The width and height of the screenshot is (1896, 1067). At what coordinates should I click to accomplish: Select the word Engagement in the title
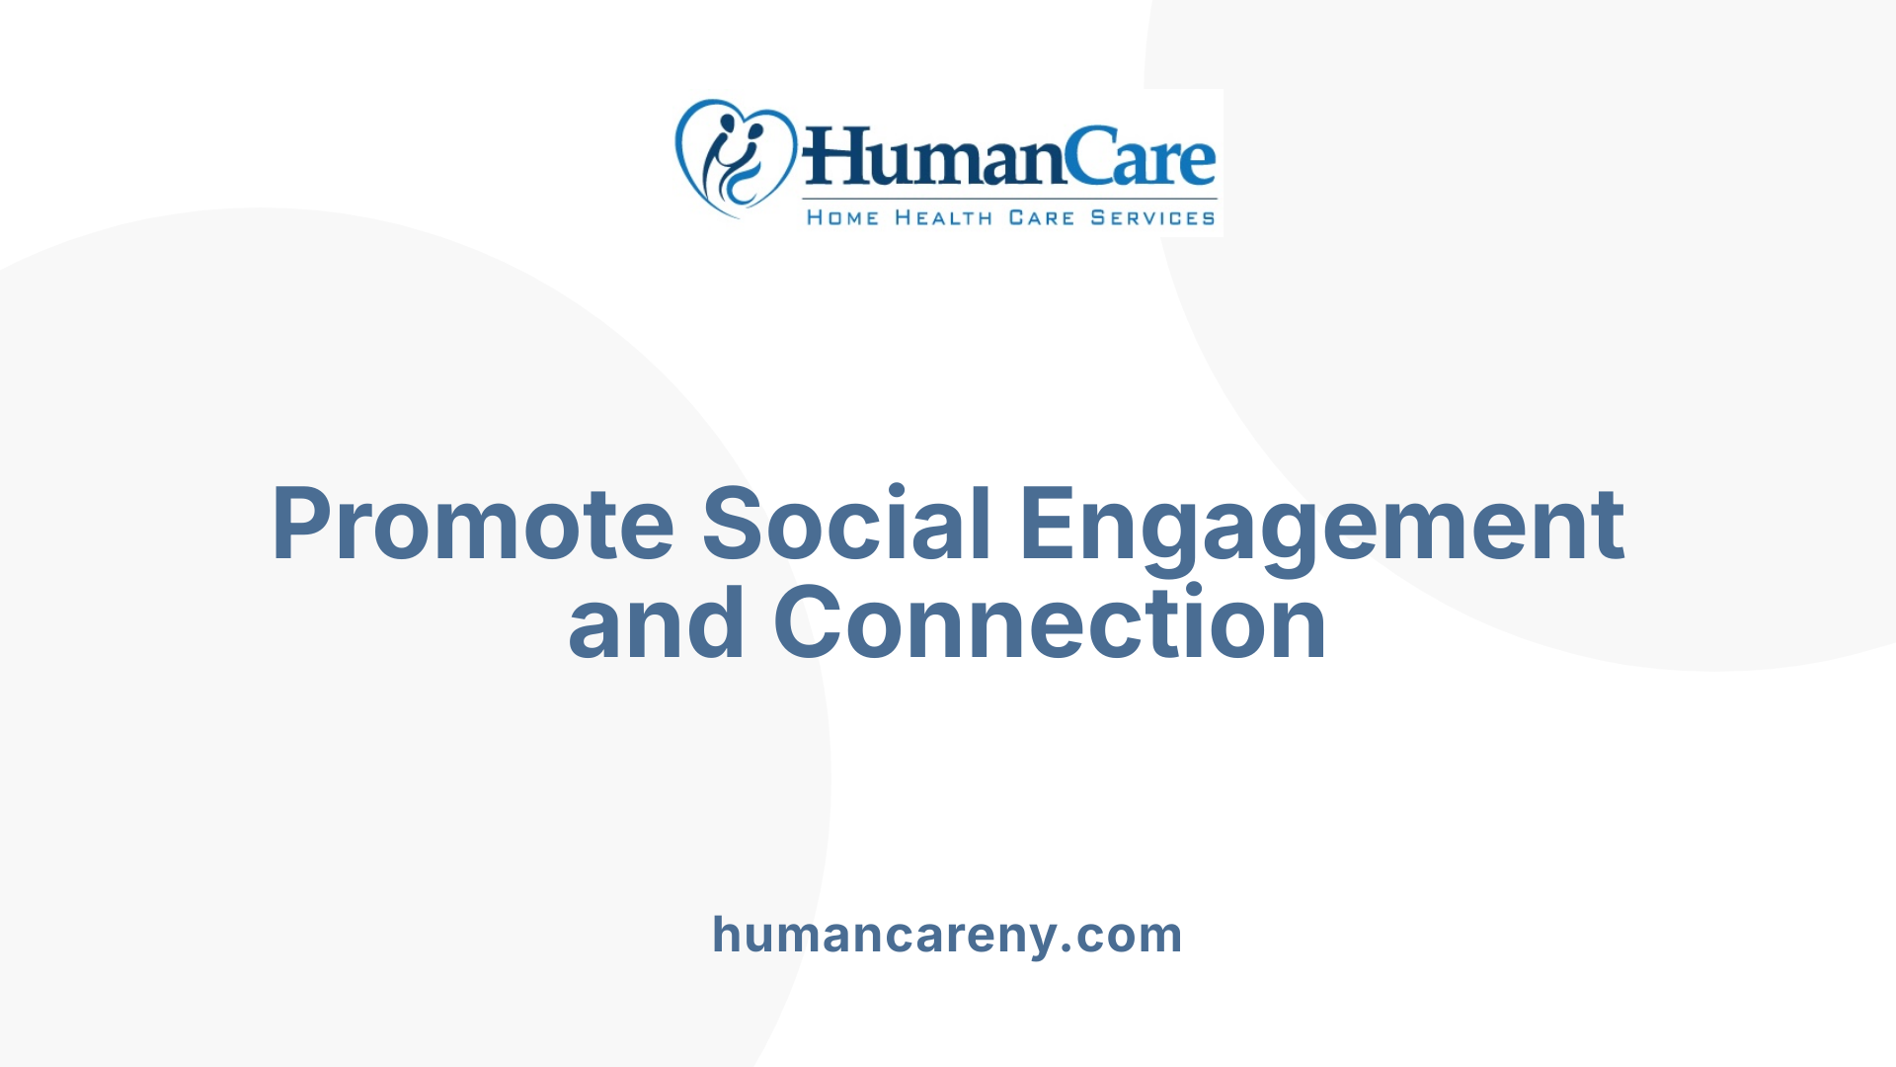1321,527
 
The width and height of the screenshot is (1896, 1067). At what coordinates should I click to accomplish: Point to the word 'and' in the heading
656,623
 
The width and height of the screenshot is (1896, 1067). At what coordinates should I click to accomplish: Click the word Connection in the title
1050,623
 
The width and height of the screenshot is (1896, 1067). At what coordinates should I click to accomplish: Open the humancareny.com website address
947,935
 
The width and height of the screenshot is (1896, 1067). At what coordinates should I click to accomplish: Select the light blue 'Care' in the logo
1142,158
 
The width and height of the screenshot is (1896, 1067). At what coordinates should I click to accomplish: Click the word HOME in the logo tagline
842,218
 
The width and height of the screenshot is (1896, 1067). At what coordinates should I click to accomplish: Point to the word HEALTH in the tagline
943,218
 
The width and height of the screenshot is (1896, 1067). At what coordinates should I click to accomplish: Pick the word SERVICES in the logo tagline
1152,218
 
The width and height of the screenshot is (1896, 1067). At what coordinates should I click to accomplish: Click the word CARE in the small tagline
1041,218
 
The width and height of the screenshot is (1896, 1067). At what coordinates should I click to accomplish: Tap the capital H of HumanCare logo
829,158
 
